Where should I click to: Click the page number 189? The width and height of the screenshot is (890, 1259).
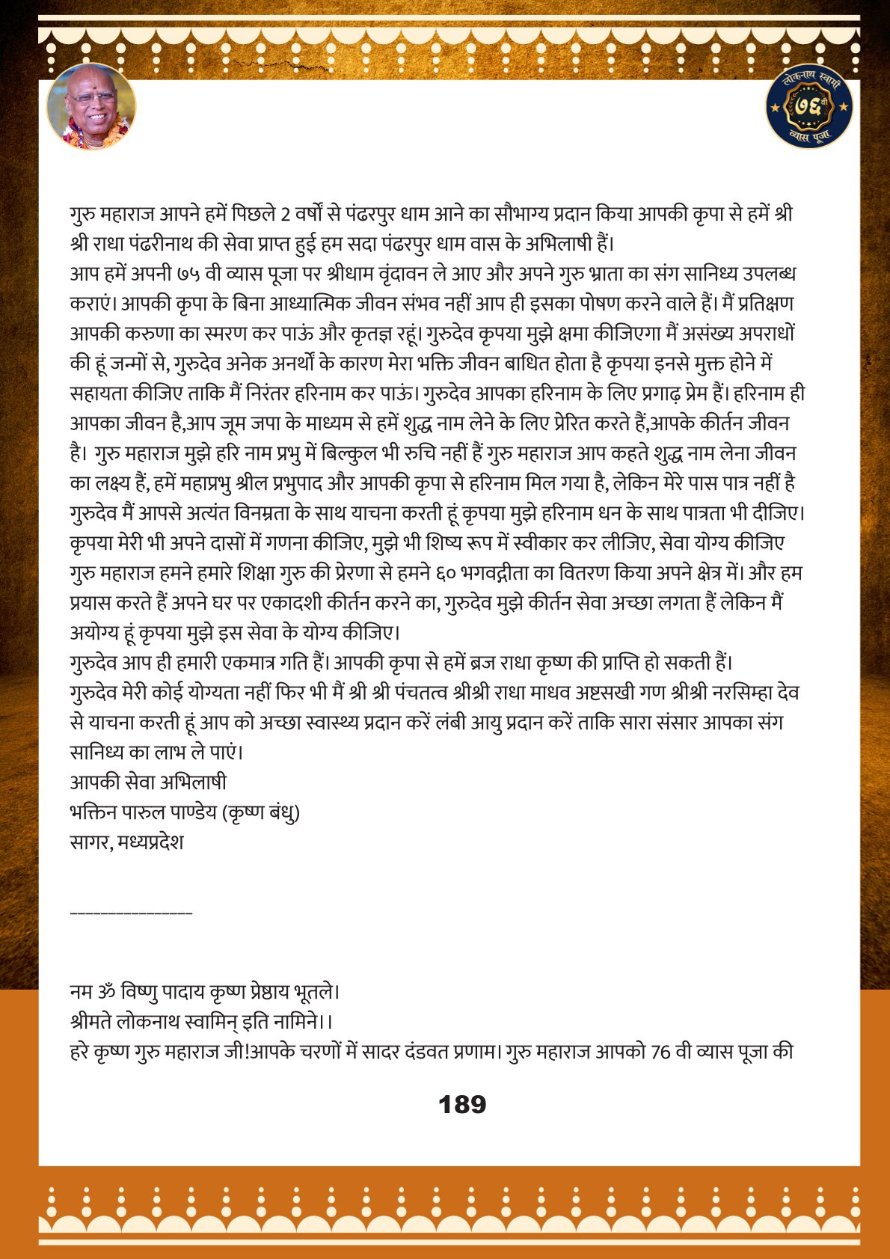pyautogui.click(x=462, y=1104)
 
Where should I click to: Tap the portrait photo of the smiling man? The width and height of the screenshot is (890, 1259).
pyautogui.click(x=91, y=106)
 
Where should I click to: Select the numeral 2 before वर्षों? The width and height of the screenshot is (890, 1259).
pyautogui.click(x=285, y=215)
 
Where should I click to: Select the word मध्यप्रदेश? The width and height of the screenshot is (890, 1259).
pyautogui.click(x=150, y=842)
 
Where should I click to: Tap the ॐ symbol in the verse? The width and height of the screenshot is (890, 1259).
pyautogui.click(x=105, y=992)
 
